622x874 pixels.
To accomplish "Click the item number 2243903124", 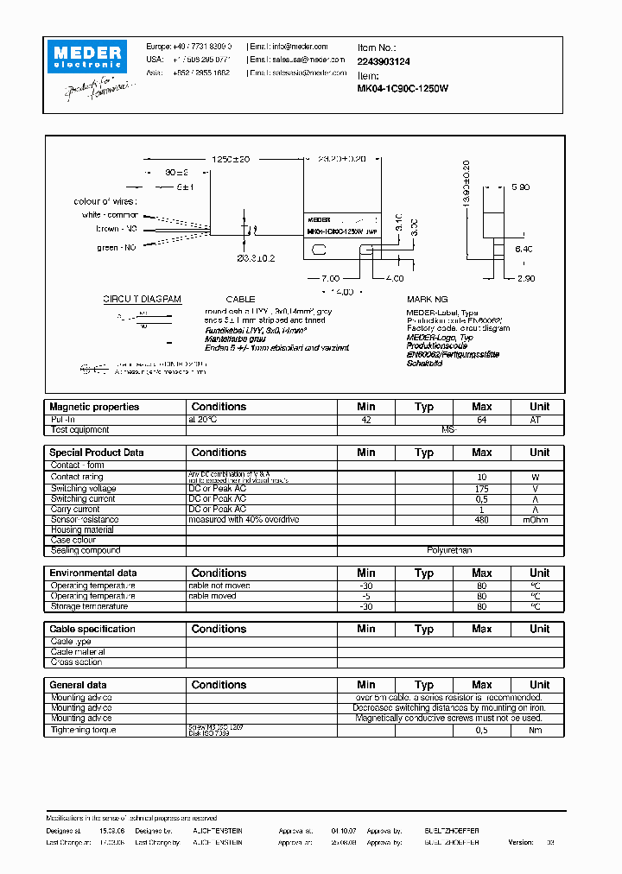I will pyautogui.click(x=384, y=62).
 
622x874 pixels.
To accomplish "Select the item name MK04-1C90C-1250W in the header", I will pyautogui.click(x=402, y=88).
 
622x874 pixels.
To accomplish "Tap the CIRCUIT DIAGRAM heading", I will pyautogui.click(x=143, y=299).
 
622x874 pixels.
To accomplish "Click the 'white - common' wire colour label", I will pyautogui.click(x=110, y=214).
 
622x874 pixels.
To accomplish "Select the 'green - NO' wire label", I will pyautogui.click(x=117, y=248).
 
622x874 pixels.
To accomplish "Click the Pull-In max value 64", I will pyautogui.click(x=481, y=419).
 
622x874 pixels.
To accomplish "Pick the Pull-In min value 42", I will pyautogui.click(x=365, y=419).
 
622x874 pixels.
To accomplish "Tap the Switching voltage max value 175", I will pyautogui.click(x=481, y=488).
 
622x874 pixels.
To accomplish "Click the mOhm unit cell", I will pyautogui.click(x=539, y=520).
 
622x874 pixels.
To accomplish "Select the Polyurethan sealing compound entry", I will pyautogui.click(x=449, y=550).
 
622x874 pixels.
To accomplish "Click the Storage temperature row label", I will pyautogui.click(x=92, y=606).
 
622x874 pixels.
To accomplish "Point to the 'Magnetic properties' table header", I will pyautogui.click(x=93, y=407).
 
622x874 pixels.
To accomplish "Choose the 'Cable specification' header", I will pyautogui.click(x=92, y=629).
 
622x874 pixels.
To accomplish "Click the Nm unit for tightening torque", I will pyautogui.click(x=539, y=730).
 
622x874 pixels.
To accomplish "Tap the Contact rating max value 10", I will pyautogui.click(x=481, y=477).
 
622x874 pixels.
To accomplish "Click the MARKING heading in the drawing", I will pyautogui.click(x=428, y=299).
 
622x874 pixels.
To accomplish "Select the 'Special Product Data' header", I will pyautogui.click(x=97, y=453).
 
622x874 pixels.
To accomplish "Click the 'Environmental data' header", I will pyautogui.click(x=92, y=573).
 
